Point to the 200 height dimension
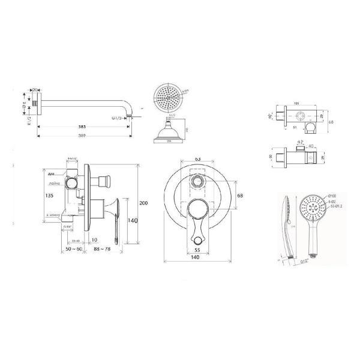(x=143, y=203)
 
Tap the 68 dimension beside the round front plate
(x=240, y=195)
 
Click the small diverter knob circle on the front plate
(x=197, y=182)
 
